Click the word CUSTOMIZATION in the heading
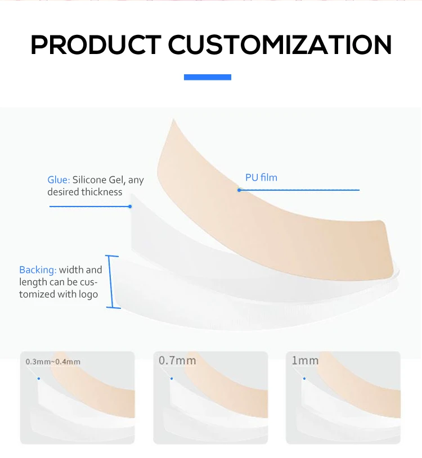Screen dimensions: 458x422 (280, 44)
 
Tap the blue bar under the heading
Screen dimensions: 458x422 (208, 77)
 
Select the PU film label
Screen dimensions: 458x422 (261, 178)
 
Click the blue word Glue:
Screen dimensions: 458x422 (58, 180)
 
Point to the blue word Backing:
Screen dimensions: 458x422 (38, 270)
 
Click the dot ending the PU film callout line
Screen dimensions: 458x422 (239, 190)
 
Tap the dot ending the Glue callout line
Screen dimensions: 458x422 (130, 206)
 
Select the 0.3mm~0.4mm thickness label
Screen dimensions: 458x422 (53, 362)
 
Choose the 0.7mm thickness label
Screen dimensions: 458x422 (177, 360)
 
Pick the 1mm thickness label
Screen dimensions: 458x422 (305, 360)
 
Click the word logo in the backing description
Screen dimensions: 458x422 (89, 294)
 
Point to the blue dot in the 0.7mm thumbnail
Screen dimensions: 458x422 (170, 379)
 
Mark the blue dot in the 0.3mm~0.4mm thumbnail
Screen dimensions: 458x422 (38, 379)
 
